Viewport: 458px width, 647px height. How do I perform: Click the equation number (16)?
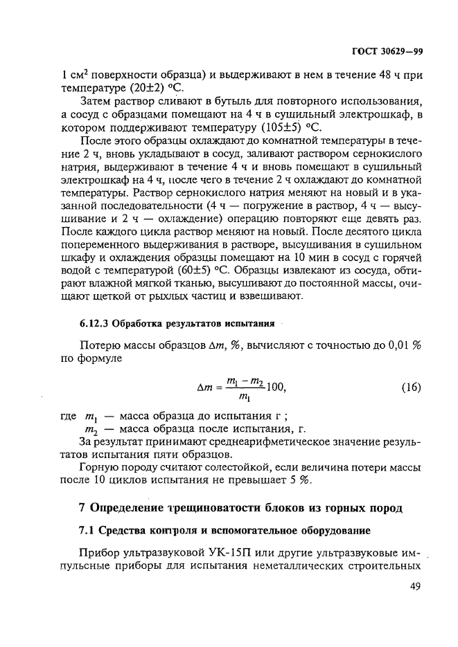click(x=411, y=387)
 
